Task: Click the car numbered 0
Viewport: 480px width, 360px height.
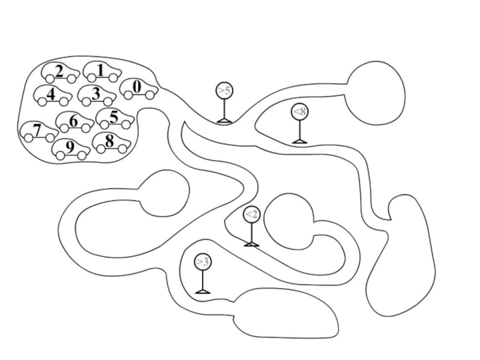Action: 139,89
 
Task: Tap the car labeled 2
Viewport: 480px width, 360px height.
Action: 60,74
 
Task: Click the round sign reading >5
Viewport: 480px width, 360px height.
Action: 224,91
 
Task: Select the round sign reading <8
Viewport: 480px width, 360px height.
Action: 299,111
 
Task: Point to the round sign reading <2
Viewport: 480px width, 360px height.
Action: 251,214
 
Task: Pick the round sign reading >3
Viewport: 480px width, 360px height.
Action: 203,262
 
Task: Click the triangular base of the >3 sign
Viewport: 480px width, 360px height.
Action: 203,291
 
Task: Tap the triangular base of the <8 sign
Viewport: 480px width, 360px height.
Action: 299,141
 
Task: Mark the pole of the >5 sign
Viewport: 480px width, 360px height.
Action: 224,109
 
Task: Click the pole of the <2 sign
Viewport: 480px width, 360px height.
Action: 251,232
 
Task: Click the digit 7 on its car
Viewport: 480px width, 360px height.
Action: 37,129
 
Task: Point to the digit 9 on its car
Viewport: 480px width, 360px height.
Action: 70,146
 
